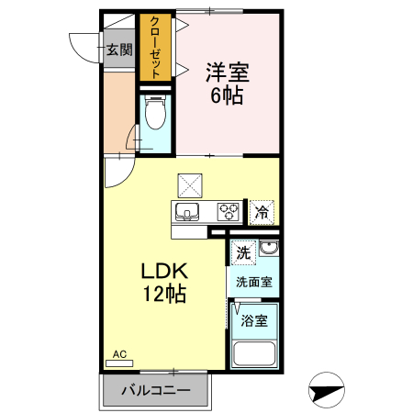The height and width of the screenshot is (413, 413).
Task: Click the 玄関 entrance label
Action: pos(118,50)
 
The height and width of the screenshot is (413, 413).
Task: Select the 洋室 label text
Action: pos(229,73)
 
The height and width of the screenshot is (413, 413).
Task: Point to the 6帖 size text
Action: pos(228,95)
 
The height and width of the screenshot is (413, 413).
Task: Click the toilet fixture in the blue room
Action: pos(155,116)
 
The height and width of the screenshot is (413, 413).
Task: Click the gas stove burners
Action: pos(229,213)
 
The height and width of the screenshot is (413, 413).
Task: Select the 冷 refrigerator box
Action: pos(262,212)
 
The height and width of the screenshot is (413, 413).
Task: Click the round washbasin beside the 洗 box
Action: pos(268,251)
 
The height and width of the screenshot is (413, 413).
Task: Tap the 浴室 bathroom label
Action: pos(254,321)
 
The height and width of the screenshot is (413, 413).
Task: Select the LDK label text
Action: pos(164,272)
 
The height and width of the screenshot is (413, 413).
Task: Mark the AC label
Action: pos(119,353)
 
